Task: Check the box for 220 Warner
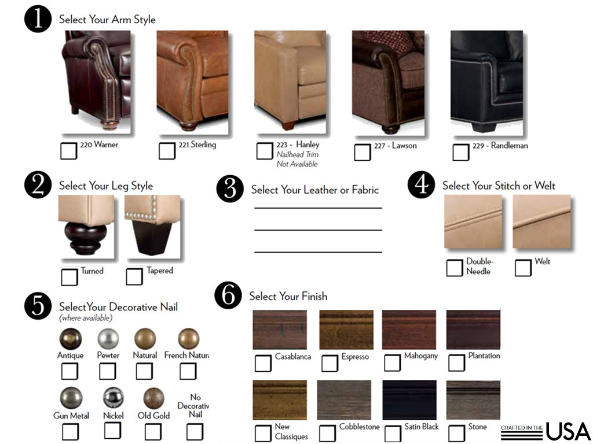(69, 151)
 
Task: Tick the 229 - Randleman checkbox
(461, 152)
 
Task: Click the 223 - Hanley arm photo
(290, 80)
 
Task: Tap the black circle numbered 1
(38, 19)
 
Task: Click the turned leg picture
(86, 226)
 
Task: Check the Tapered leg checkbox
(134, 276)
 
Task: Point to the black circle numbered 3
(230, 188)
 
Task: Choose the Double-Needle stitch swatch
(473, 221)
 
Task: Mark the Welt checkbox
(523, 268)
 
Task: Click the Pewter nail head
(108, 339)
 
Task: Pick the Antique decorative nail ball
(70, 339)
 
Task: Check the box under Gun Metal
(70, 431)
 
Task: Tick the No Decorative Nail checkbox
(195, 431)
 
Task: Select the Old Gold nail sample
(153, 398)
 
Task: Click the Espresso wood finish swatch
(346, 330)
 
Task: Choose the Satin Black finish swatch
(409, 400)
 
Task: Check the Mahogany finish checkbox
(392, 363)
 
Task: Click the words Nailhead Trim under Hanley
(297, 154)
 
